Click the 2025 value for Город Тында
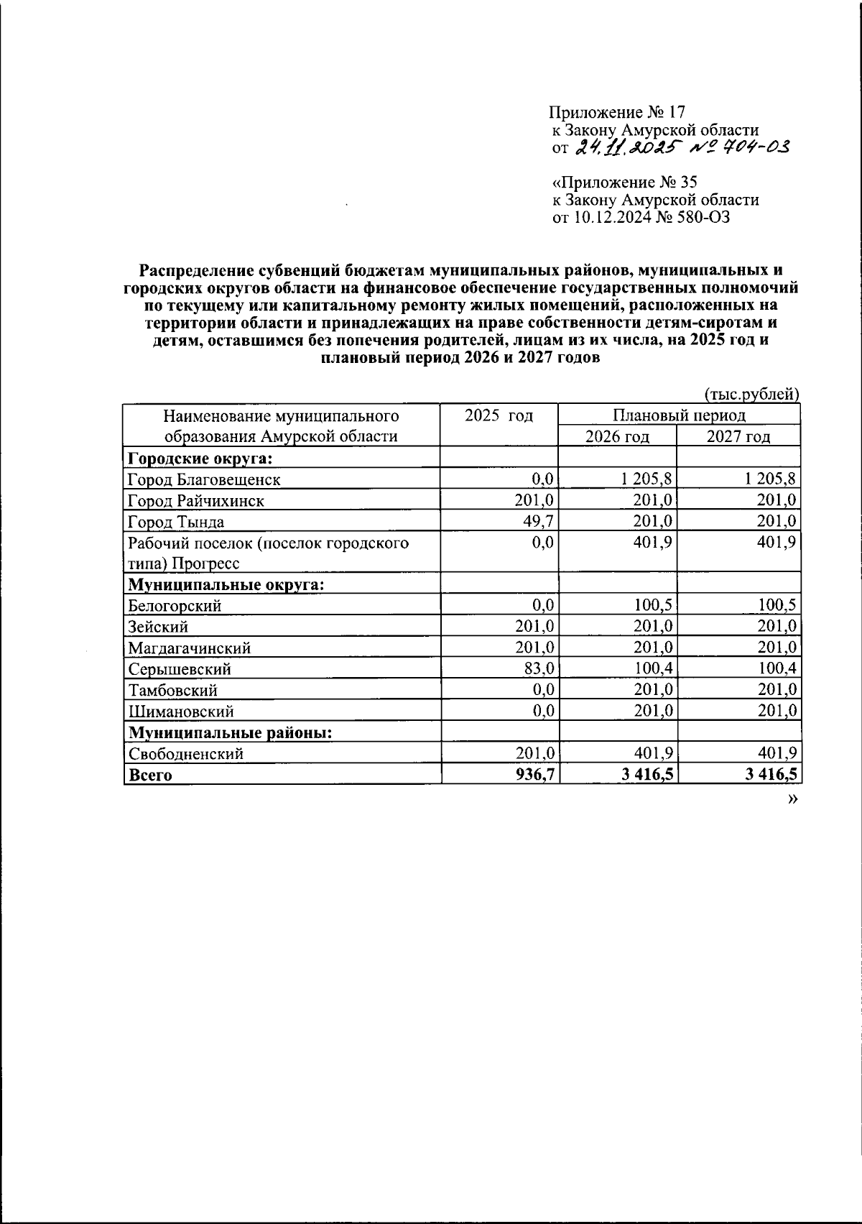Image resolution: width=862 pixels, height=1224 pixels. (538, 521)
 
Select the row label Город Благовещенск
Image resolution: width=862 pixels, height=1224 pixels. (204, 479)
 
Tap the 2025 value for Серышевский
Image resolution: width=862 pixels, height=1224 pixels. (538, 668)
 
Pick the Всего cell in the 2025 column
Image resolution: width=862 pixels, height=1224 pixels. (536, 775)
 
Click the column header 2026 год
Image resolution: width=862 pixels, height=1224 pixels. (617, 436)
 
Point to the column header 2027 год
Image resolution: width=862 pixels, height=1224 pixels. (738, 436)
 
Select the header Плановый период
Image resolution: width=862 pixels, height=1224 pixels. (678, 415)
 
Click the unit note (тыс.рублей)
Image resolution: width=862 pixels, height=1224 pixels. (751, 394)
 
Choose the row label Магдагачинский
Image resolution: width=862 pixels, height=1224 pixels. (189, 648)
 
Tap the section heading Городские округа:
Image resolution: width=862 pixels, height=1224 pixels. (203, 458)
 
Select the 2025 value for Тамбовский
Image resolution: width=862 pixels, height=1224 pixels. (541, 690)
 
